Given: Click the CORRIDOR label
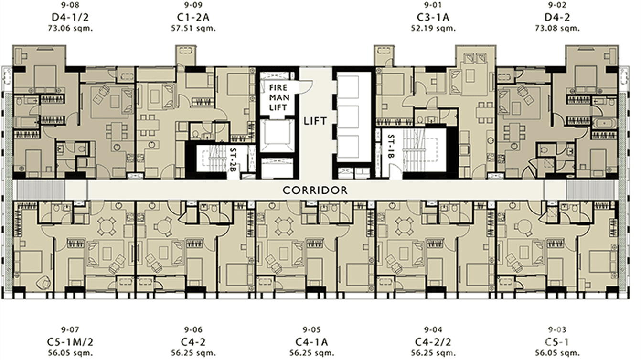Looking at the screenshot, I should (315, 191).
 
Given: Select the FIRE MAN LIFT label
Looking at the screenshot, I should (278, 98).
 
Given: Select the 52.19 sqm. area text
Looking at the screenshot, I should (433, 28).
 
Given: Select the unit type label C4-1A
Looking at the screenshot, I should (313, 342).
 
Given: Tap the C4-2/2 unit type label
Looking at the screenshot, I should (433, 342).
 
